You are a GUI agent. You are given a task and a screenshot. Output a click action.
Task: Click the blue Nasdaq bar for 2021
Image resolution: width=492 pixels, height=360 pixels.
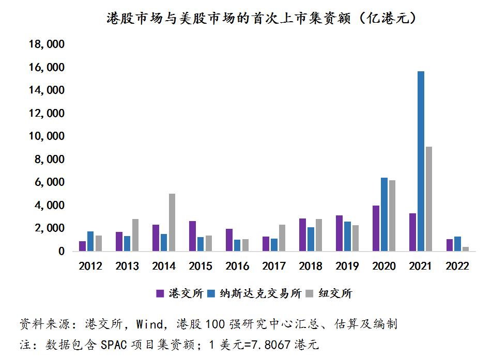click(421, 161)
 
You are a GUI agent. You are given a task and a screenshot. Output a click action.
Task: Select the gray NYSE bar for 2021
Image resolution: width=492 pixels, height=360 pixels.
click(428, 199)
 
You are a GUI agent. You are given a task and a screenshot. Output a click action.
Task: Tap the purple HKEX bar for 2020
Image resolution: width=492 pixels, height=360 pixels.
click(376, 228)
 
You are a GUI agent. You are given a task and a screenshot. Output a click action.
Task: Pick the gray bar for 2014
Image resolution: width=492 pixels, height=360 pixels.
click(172, 223)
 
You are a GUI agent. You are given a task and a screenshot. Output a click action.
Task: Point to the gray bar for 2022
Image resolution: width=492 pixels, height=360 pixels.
click(465, 249)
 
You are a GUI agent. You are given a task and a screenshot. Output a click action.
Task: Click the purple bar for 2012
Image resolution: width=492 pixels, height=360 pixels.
click(83, 246)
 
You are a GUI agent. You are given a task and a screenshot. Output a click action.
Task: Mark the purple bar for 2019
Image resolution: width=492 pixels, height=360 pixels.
click(339, 233)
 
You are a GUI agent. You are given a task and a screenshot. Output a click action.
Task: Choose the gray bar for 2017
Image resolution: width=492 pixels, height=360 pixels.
click(282, 238)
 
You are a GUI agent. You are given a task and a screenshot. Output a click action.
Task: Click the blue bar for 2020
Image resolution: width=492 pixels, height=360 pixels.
click(384, 214)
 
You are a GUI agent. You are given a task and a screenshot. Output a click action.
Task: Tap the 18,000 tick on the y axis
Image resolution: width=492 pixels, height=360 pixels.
click(47, 45)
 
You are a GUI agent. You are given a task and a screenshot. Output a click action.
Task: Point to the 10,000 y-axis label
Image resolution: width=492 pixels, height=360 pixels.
click(47, 136)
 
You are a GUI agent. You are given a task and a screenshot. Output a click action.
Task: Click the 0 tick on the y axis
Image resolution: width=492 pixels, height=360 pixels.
click(60, 252)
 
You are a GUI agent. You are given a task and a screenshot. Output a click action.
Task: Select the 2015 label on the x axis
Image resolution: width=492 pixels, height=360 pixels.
click(201, 267)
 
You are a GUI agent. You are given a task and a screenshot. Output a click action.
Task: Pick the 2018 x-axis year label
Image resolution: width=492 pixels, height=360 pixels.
click(310, 267)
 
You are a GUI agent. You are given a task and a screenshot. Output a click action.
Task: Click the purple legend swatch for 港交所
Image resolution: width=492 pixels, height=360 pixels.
click(160, 294)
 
